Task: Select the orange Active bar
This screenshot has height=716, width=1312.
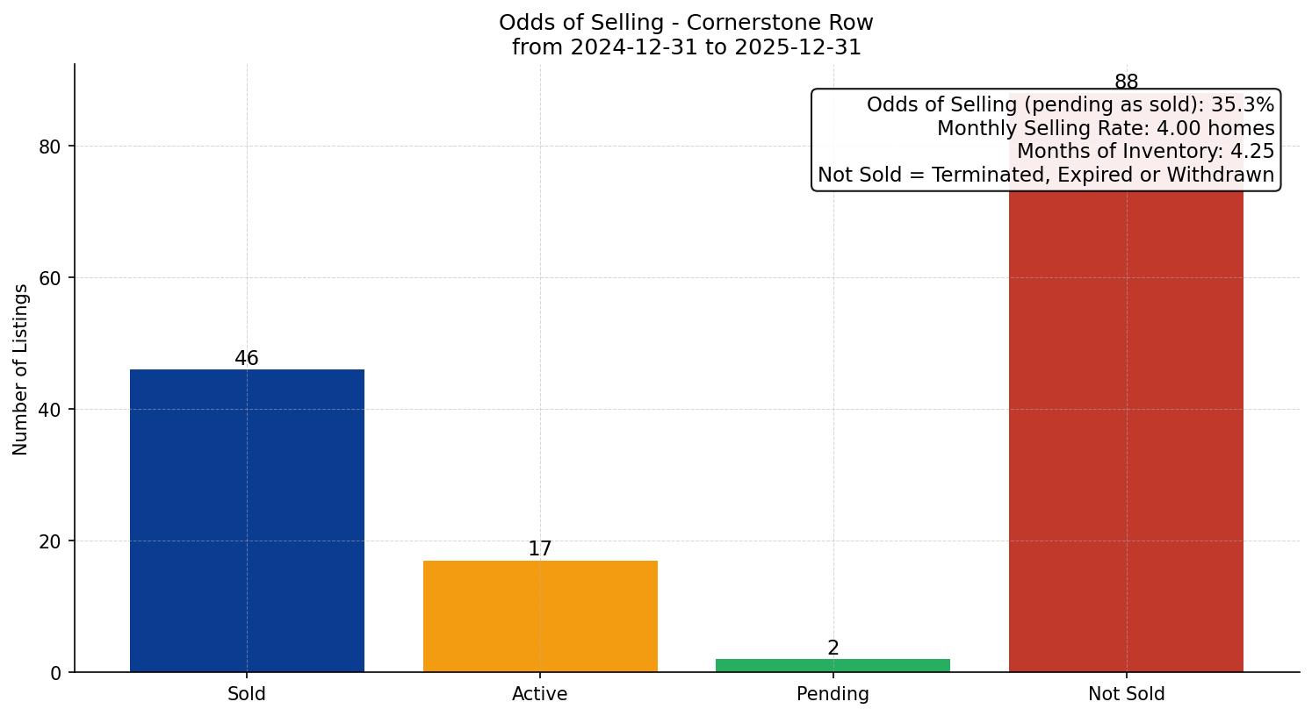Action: [540, 616]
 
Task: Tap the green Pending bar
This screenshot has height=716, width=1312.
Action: [833, 665]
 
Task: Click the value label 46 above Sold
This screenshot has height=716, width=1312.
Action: [247, 359]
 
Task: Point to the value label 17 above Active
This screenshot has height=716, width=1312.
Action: [540, 549]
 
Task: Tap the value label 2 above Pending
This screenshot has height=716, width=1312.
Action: [833, 648]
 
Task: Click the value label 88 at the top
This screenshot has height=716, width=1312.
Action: [1126, 82]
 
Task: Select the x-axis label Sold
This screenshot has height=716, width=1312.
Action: [247, 694]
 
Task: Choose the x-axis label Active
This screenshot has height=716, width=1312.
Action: [540, 694]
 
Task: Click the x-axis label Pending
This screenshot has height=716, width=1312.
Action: [833, 694]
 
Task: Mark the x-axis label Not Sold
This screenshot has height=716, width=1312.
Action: [1126, 694]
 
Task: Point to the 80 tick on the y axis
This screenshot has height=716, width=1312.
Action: [50, 147]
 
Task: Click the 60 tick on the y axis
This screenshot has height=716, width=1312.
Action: [50, 278]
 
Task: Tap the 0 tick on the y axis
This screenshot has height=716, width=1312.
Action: [56, 673]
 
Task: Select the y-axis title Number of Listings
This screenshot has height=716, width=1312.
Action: [21, 369]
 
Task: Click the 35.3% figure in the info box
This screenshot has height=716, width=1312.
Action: [1242, 105]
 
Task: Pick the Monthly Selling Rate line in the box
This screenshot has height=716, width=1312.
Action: [1105, 128]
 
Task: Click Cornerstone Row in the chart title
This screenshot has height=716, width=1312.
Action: [780, 22]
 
